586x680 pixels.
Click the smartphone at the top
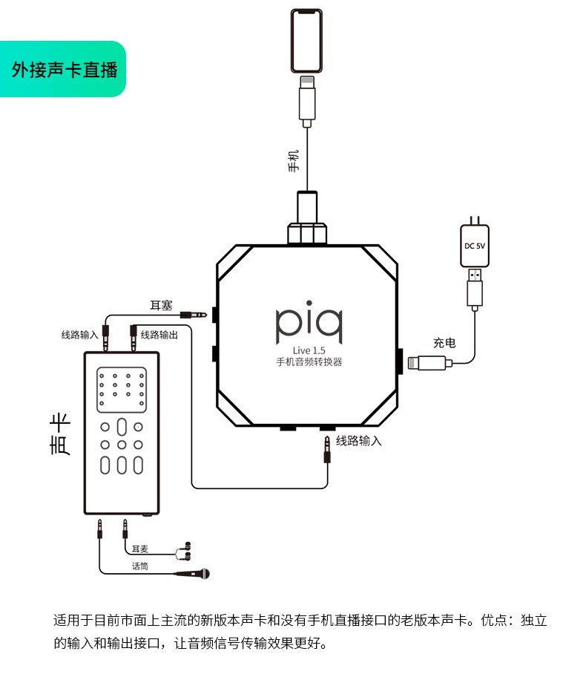pyautogui.click(x=306, y=41)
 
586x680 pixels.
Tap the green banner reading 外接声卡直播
pyautogui.click(x=63, y=69)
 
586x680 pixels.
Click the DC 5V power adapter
pyautogui.click(x=475, y=243)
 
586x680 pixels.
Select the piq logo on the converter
pyautogui.click(x=309, y=321)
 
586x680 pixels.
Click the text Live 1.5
pyautogui.click(x=309, y=350)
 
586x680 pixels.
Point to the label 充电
pyautogui.click(x=444, y=343)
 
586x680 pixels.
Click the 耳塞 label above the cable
pyautogui.click(x=161, y=306)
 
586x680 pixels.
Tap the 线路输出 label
pyautogui.click(x=159, y=335)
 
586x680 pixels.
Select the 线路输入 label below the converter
pyautogui.click(x=358, y=441)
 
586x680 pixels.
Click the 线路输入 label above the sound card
pyautogui.click(x=80, y=335)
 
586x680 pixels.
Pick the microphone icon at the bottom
pyautogui.click(x=193, y=574)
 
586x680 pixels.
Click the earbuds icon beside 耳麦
pyautogui.click(x=184, y=551)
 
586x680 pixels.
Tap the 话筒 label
pyautogui.click(x=140, y=566)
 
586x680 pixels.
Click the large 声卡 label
pyautogui.click(x=60, y=434)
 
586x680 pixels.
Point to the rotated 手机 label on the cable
pyautogui.click(x=294, y=161)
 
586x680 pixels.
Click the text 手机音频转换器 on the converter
pyautogui.click(x=309, y=362)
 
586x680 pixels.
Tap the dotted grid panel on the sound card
pyautogui.click(x=122, y=390)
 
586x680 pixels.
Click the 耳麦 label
pyautogui.click(x=140, y=549)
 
